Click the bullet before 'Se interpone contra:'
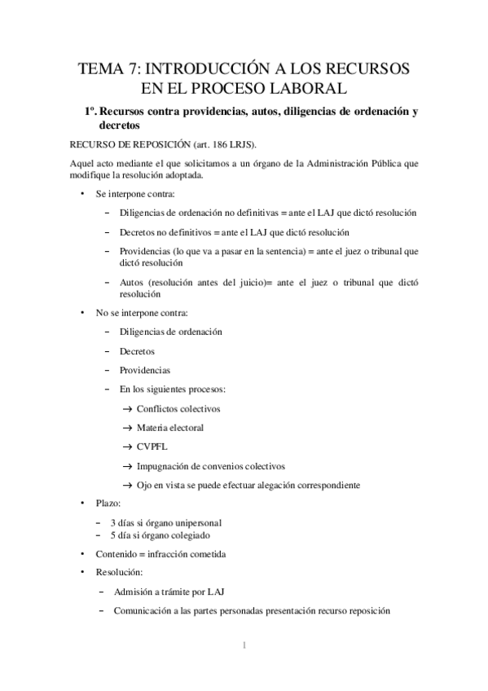click(x=81, y=195)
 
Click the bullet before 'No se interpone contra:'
click(x=81, y=312)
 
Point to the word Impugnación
click(x=165, y=466)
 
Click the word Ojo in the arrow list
click(x=145, y=486)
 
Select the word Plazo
click(x=107, y=505)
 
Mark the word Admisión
click(x=136, y=591)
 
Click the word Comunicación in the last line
click(x=145, y=610)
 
